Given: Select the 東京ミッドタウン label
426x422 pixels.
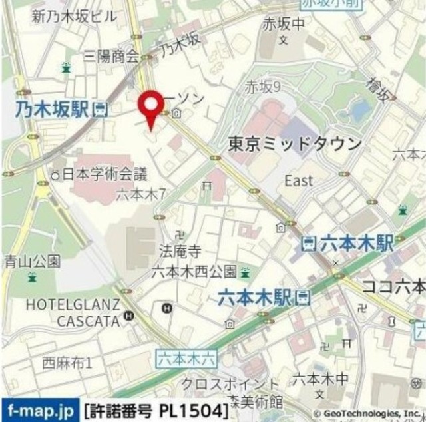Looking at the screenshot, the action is click(295, 144).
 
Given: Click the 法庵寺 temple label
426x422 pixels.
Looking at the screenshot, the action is click(180, 252).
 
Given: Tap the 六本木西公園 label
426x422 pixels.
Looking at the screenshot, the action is click(194, 271).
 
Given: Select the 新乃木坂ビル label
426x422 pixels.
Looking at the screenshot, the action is click(73, 17).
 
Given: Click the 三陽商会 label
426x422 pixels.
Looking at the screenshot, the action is click(110, 57).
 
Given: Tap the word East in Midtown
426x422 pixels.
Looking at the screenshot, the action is click(298, 180).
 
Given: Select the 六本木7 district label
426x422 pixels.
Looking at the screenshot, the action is click(141, 194).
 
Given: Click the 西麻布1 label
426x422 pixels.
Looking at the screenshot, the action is click(67, 363).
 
